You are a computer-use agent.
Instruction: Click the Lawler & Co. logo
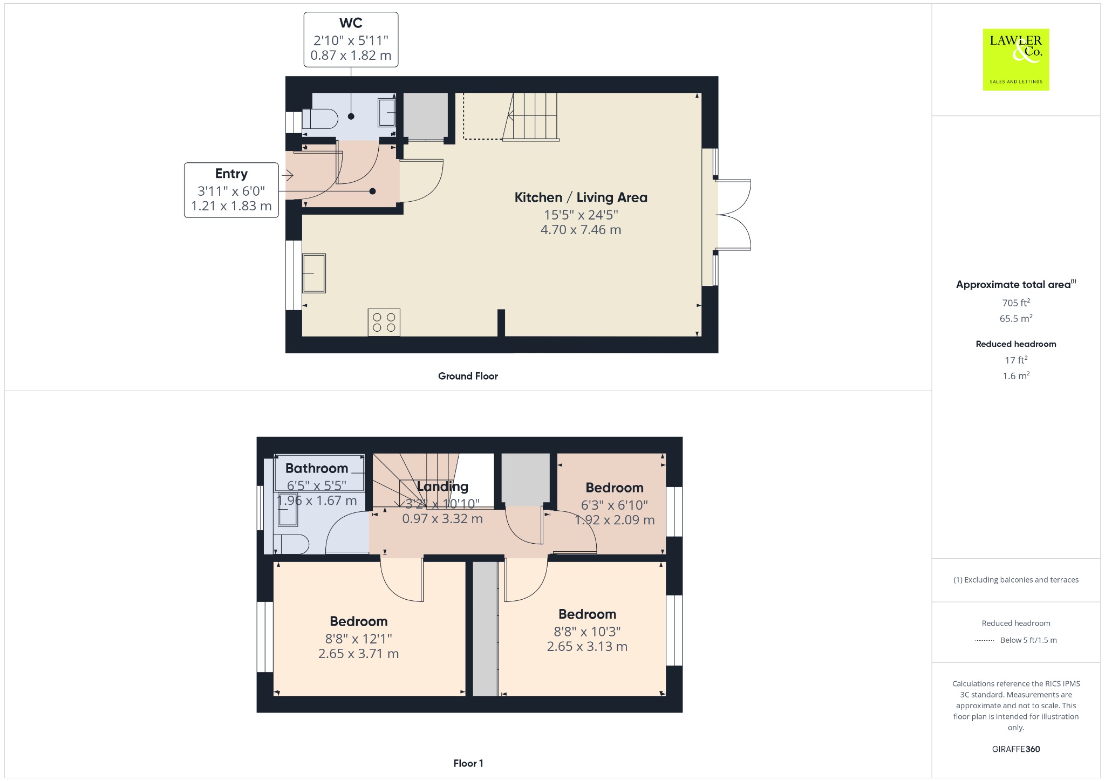pos(1016,59)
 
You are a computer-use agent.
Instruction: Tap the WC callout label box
pos(351,40)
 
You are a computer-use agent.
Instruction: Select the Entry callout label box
pos(231,190)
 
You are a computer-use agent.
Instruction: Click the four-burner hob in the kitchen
pos(384,322)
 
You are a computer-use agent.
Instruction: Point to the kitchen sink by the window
pos(314,273)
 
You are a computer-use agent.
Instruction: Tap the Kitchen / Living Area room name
pos(581,197)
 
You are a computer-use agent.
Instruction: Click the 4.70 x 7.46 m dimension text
pos(581,230)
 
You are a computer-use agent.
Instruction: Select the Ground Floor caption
pos(468,376)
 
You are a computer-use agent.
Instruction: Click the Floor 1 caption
pos(468,763)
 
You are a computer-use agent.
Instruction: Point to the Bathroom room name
pos(317,468)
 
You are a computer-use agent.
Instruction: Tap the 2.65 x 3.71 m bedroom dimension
pos(358,654)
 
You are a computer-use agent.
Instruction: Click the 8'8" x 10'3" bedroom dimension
pos(587,632)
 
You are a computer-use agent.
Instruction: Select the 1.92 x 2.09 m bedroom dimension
pos(615,520)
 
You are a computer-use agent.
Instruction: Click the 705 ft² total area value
pos(1016,303)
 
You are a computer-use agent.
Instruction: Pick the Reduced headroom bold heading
pos(1016,344)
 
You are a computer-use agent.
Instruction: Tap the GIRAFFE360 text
pos(1016,749)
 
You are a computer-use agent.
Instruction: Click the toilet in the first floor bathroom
pos(291,544)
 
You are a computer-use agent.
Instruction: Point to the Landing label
pos(442,487)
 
